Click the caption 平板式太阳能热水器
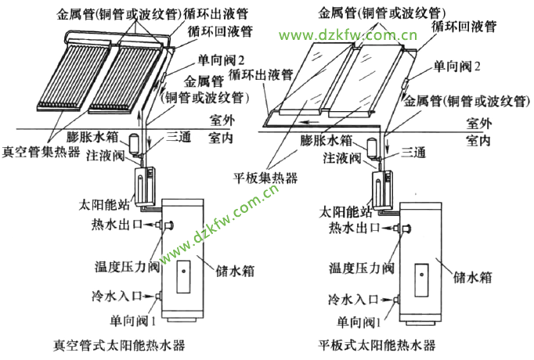377,344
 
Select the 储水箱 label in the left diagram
233,268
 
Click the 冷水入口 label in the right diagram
355,299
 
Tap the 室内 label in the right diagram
478,140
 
